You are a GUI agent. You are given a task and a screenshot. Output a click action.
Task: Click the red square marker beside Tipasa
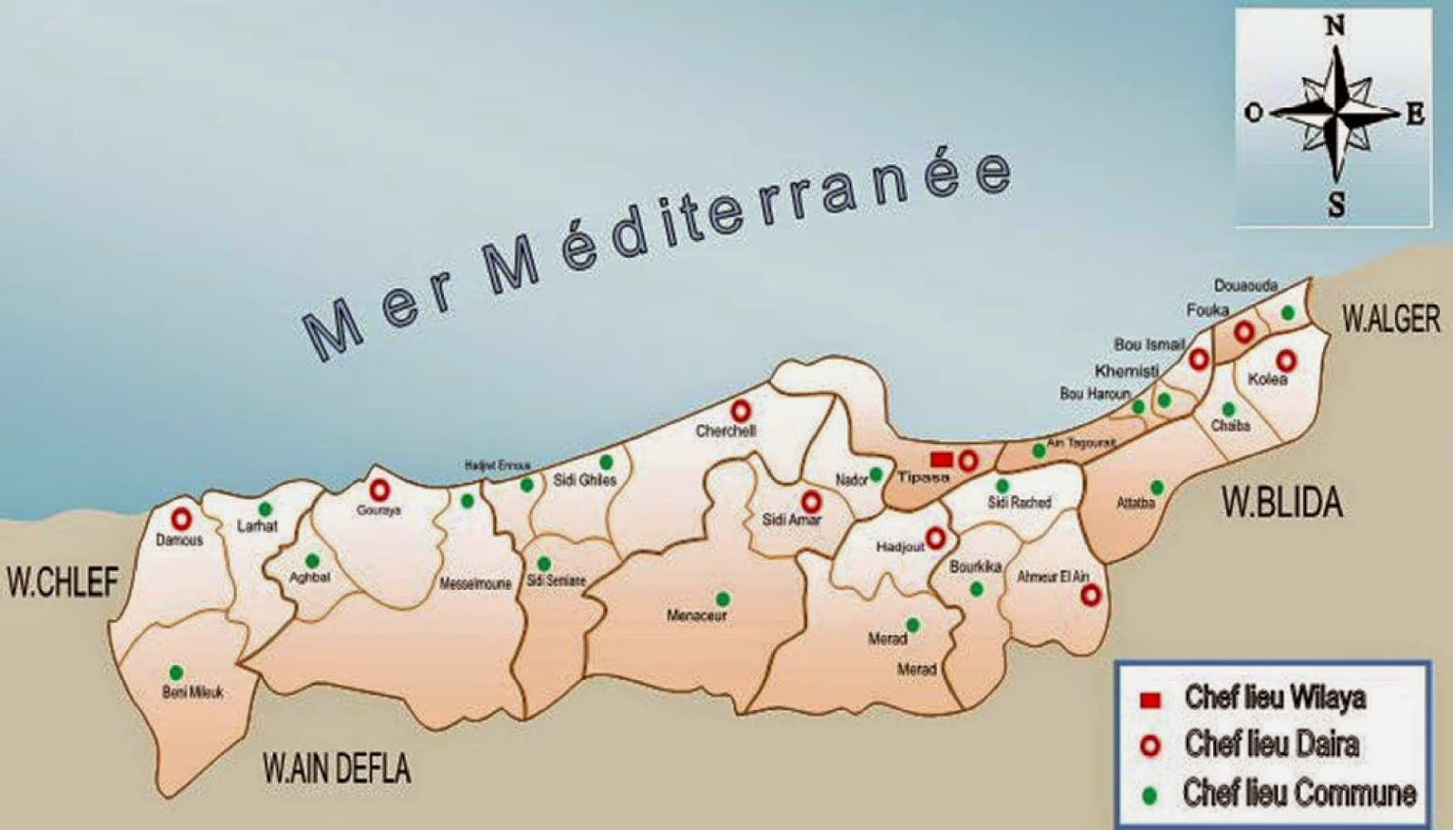[x=942, y=460]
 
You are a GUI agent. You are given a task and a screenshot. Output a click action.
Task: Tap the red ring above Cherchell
[x=740, y=410]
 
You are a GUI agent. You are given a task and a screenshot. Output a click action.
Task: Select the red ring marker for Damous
[x=182, y=519]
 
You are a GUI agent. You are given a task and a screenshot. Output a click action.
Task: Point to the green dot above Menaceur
[x=723, y=598]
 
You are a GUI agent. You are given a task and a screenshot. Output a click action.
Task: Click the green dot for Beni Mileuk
[x=176, y=673]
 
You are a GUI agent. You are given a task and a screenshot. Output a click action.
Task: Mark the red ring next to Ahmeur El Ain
[x=1091, y=595]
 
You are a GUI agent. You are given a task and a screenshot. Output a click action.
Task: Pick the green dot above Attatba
[x=1157, y=487]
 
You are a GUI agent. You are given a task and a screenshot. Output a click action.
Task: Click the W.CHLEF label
[x=63, y=582]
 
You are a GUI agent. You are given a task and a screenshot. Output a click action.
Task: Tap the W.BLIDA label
[x=1282, y=502]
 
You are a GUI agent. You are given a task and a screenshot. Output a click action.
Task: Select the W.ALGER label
[x=1391, y=320]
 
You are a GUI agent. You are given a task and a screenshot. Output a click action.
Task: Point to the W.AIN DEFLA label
[x=337, y=769]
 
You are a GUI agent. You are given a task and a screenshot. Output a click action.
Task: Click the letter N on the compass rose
[x=1335, y=26]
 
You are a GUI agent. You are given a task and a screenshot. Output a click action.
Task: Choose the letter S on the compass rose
[x=1337, y=206]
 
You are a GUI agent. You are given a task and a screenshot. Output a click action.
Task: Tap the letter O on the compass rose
[x=1254, y=113]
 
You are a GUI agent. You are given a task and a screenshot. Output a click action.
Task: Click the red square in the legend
[x=1151, y=700]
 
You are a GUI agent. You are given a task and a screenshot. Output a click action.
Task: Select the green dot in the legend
[x=1151, y=795]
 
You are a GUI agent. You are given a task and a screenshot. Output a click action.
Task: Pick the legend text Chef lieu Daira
[x=1271, y=746]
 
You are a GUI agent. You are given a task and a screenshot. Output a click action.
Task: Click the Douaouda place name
[x=1246, y=286]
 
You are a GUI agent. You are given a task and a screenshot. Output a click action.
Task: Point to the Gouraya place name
[x=379, y=510]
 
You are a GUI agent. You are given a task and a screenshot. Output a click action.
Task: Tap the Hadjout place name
[x=899, y=548]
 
